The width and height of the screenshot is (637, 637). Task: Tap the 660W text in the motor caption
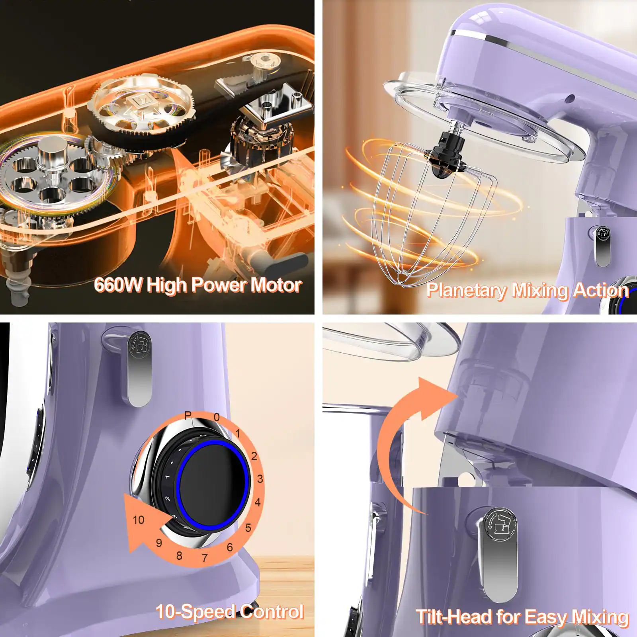(118, 285)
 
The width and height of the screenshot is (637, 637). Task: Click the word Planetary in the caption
(467, 290)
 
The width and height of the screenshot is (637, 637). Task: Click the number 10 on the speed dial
(138, 520)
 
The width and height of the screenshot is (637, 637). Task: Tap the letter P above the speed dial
(188, 416)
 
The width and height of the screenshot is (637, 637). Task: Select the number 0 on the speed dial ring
(217, 417)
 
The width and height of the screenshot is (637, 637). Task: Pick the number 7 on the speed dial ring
(205, 558)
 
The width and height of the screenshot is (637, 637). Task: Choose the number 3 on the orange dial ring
(260, 479)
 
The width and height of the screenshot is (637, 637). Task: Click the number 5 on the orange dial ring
(248, 528)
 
